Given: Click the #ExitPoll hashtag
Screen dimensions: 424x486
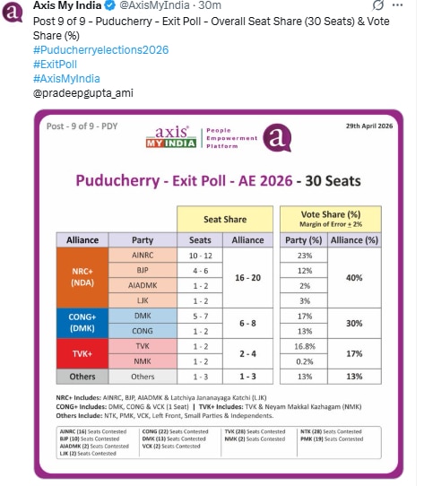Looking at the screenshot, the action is click(56, 65).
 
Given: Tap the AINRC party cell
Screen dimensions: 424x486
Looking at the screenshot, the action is click(143, 256).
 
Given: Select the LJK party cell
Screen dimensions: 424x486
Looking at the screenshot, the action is click(143, 300).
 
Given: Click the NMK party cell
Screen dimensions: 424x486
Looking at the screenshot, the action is click(143, 360).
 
